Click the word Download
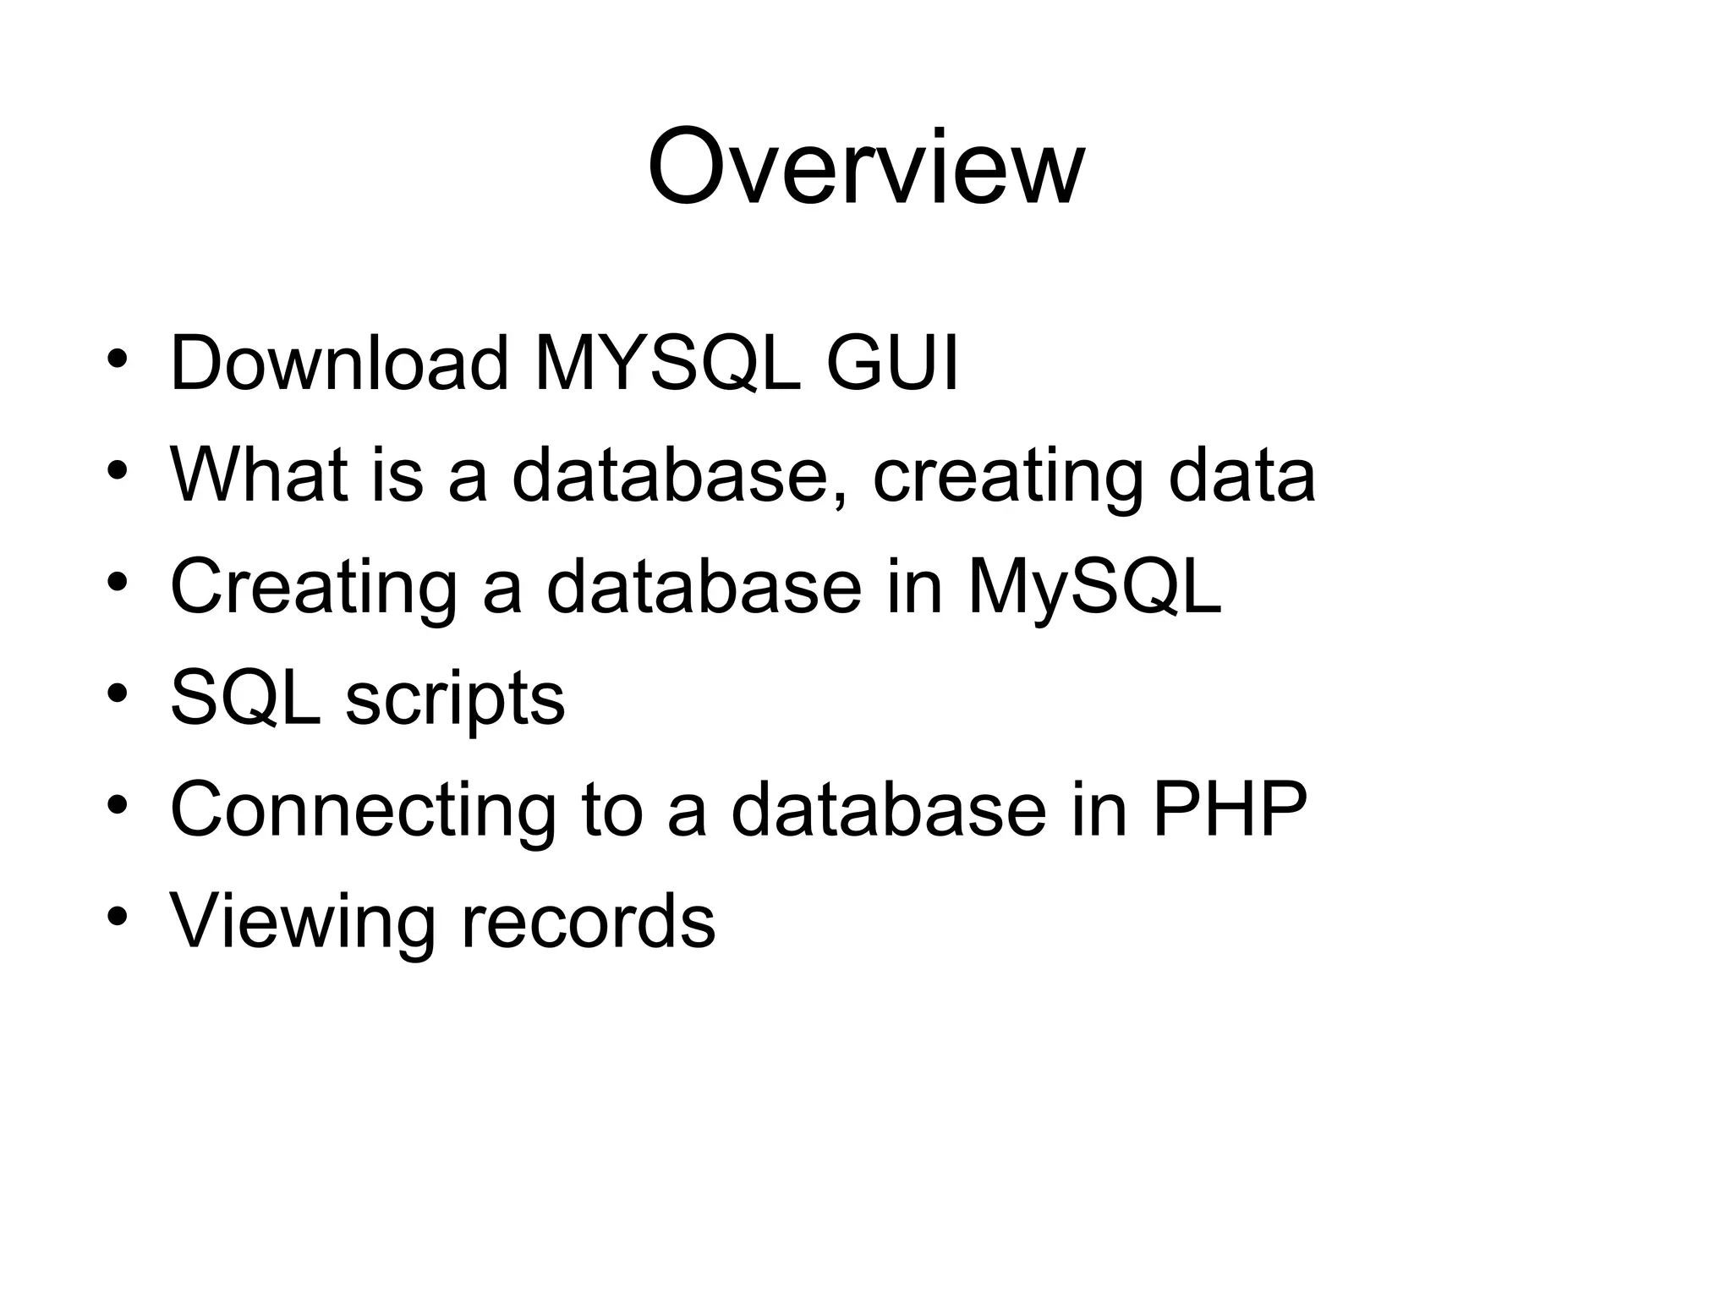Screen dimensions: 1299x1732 (x=339, y=364)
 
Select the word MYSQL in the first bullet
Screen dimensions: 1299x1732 (x=667, y=364)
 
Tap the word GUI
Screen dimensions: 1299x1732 (x=892, y=364)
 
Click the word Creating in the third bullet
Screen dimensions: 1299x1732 (x=314, y=589)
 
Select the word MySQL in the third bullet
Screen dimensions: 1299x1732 (x=1094, y=589)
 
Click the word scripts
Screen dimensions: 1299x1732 (x=455, y=702)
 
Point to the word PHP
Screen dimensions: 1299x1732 (x=1230, y=809)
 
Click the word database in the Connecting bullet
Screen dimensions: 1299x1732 (x=888, y=809)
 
